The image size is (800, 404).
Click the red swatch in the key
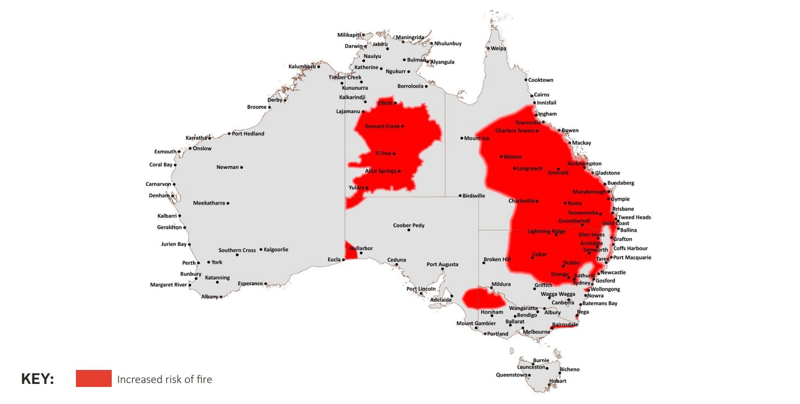[93, 378]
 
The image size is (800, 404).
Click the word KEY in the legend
[38, 379]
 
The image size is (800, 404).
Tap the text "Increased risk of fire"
[165, 379]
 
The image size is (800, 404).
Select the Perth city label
[189, 263]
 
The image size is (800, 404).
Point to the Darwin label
[353, 46]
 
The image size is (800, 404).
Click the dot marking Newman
[241, 167]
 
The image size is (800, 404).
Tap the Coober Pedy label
[409, 225]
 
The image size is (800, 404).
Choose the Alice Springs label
[380, 171]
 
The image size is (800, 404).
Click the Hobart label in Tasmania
[557, 381]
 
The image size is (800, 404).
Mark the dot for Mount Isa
[461, 138]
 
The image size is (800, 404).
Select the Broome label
[257, 107]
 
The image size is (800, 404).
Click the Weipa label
[498, 48]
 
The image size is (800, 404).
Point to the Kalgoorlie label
[276, 249]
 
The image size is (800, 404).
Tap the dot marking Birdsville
[460, 196]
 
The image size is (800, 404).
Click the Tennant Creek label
[382, 126]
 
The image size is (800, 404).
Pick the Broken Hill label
[497, 259]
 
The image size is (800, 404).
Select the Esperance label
[250, 283]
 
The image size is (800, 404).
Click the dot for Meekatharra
[228, 203]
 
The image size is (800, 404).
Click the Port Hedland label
[248, 134]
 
